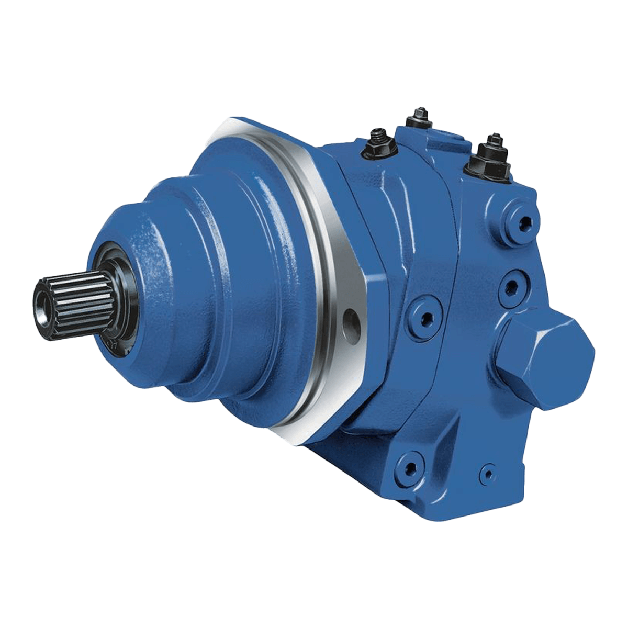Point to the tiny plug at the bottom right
489,472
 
